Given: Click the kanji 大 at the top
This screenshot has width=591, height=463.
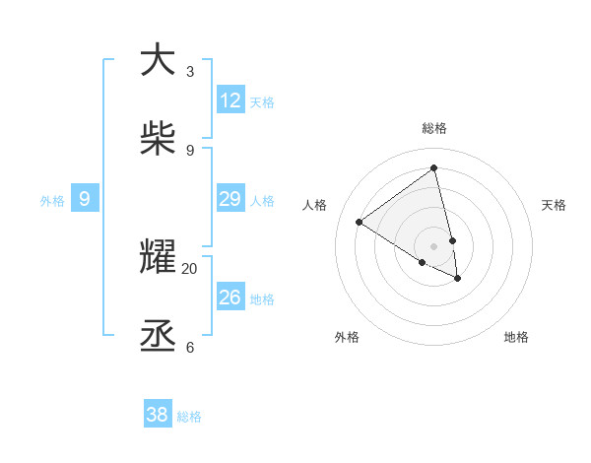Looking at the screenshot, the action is point(158,60).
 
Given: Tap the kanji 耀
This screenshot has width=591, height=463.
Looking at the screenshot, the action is point(158,257).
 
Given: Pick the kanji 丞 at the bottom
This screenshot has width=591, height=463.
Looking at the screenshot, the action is point(158,336).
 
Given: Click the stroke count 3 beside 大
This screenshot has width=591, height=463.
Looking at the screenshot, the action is point(190,72).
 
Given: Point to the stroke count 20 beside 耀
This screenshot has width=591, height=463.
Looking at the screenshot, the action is point(190,268).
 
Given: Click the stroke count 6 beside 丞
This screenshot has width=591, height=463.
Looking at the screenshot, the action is point(190,347).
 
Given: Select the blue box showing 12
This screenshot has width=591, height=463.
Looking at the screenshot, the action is point(230,100).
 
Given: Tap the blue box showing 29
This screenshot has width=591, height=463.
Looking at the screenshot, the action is point(230,199).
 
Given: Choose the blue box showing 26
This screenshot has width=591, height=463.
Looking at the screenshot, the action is point(230,297).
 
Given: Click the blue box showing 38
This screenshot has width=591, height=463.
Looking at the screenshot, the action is point(158,415).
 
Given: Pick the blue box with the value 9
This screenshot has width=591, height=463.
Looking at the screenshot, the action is point(85,199).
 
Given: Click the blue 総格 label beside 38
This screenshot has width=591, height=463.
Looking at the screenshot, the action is point(189,417).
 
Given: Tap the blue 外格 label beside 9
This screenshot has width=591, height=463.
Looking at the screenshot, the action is point(52,201).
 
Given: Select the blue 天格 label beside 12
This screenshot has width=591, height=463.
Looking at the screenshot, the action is point(262,102).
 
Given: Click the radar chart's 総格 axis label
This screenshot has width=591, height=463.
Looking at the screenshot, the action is point(434,128).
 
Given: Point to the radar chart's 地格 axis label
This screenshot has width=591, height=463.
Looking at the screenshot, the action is point(516,337).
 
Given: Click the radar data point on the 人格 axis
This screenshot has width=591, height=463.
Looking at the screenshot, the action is point(359,222).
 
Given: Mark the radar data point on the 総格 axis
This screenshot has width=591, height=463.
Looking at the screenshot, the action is point(434,167).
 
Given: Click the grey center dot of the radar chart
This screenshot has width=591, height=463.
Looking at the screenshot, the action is point(434,246).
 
